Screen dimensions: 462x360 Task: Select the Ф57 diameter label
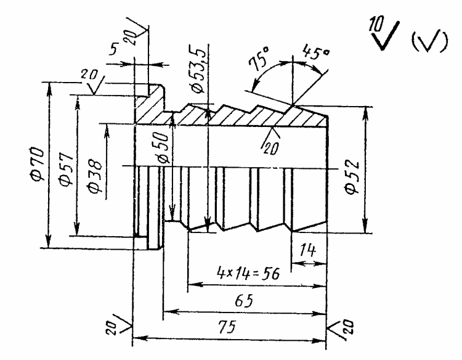click(65, 170)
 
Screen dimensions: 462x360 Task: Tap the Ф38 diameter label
click(95, 177)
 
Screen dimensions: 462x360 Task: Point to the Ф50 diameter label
click(163, 147)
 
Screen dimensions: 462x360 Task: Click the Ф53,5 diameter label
click(197, 69)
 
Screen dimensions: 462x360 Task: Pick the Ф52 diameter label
click(352, 178)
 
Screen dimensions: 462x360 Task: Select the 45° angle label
click(315, 52)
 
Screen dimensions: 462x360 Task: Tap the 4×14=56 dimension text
click(248, 272)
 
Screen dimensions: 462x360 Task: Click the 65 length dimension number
click(245, 301)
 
